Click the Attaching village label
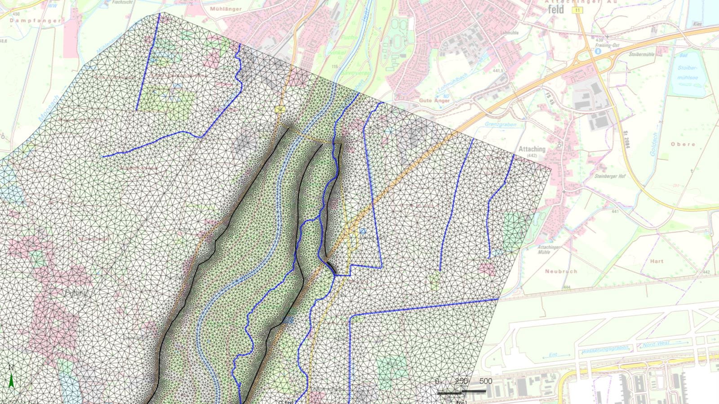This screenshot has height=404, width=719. [532, 149]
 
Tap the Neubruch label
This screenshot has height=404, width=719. [561, 271]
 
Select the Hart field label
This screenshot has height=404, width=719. [657, 261]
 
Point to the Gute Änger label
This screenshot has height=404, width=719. [435, 101]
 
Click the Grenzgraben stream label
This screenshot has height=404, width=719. [501, 124]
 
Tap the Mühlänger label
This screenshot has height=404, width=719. [226, 9]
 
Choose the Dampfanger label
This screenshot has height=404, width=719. [35, 21]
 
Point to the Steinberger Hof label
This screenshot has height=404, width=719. [610, 176]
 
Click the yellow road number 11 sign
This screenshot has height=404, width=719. [577, 10]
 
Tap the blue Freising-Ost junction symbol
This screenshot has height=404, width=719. [598, 51]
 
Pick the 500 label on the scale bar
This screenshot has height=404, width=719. [485, 381]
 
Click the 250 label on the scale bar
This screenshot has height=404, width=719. [461, 381]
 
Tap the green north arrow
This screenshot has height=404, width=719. [11, 380]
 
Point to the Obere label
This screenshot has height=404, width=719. [683, 144]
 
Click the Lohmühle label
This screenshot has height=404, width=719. [509, 33]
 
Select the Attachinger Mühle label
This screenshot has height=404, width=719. [549, 250]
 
